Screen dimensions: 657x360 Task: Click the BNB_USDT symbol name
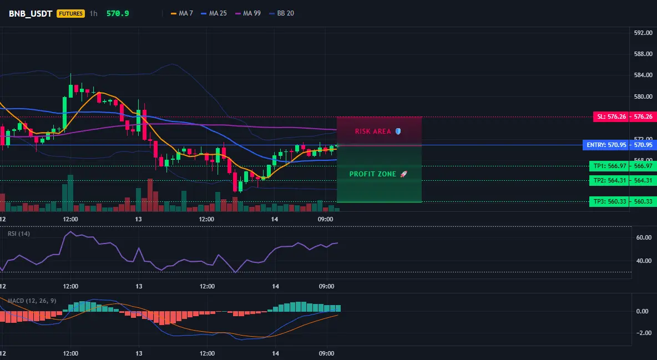coord(30,13)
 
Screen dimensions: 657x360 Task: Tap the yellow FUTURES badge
coord(70,13)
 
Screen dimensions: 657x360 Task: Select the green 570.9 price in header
coord(118,13)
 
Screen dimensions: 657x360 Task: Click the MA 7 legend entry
coord(182,13)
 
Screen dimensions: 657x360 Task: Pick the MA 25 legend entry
coord(214,13)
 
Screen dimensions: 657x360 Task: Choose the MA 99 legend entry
coord(248,13)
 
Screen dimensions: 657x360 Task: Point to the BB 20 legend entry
coord(281,13)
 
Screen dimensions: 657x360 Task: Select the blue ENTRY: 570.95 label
coord(607,145)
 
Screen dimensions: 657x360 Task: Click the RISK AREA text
coord(373,131)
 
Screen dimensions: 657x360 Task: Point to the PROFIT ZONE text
coord(372,174)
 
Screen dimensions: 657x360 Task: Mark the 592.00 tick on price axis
coord(643,33)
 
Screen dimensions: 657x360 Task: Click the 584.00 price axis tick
coord(643,75)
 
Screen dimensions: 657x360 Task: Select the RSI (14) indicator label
coord(19,234)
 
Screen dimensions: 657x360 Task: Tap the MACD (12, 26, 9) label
coord(32,301)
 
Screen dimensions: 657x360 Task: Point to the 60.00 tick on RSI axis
coord(644,237)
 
